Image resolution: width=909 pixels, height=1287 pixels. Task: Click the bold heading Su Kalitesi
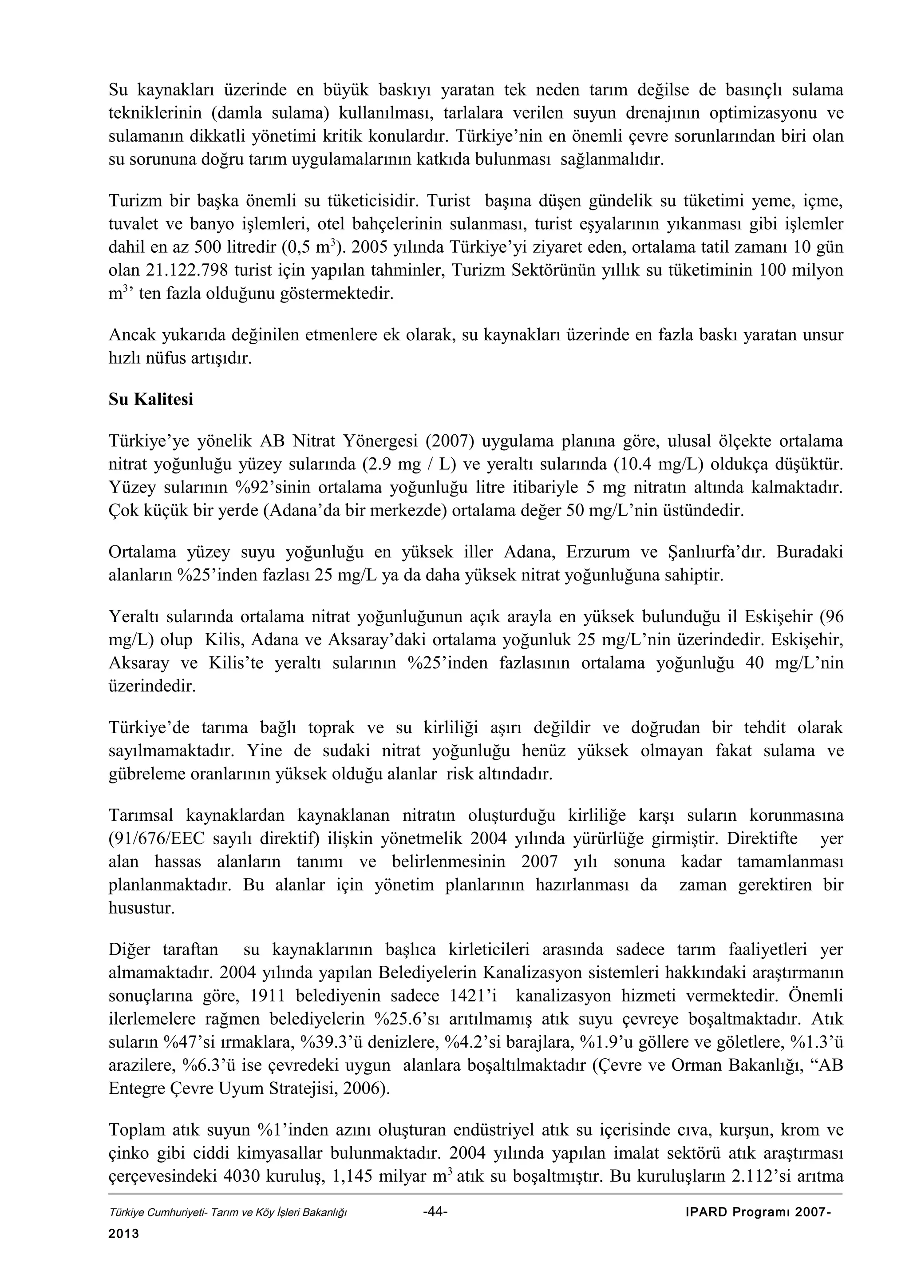click(150, 400)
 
